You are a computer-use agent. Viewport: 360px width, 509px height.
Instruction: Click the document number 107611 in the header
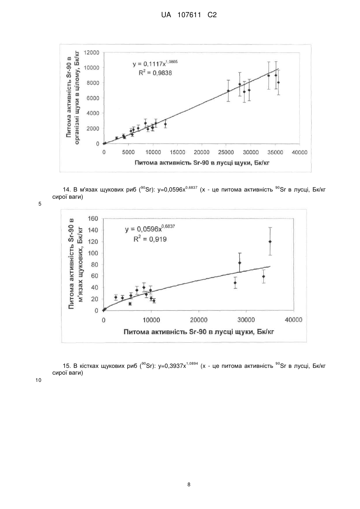(x=189, y=15)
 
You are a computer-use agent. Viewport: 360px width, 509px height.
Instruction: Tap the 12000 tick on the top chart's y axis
(x=91, y=53)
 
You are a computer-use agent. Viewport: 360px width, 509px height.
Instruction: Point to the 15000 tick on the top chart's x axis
(x=177, y=152)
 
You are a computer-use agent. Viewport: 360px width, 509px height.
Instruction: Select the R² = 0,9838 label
(x=155, y=73)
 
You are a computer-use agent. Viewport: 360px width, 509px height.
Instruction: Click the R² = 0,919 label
(x=150, y=239)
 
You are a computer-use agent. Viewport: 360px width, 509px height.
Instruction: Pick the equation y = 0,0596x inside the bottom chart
(x=150, y=228)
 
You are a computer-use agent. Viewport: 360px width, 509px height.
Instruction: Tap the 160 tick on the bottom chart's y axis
(x=93, y=219)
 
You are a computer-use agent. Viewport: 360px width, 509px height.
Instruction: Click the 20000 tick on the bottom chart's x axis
(x=199, y=320)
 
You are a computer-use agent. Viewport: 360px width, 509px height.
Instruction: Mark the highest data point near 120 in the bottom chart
(x=270, y=242)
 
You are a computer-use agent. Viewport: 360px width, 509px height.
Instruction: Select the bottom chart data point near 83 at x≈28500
(x=240, y=263)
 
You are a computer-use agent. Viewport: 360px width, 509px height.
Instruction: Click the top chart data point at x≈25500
(x=228, y=91)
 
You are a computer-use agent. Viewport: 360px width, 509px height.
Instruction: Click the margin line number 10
(x=38, y=380)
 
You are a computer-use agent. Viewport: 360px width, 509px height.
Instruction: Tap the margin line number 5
(x=40, y=204)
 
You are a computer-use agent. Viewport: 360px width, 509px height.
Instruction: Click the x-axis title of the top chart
(x=202, y=163)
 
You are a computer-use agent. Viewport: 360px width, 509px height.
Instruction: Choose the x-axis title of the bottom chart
(x=199, y=332)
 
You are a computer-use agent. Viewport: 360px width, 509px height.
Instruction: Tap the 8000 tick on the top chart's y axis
(x=93, y=83)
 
